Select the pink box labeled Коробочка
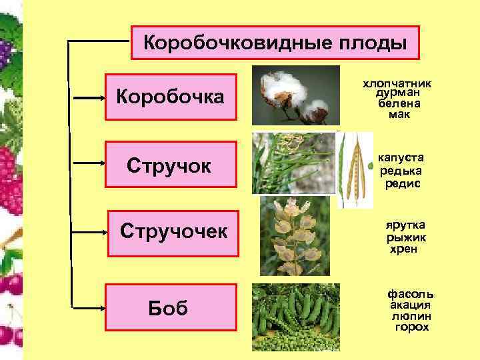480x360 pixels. [x=172, y=97]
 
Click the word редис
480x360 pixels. [x=403, y=183]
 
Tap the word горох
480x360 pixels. [x=411, y=327]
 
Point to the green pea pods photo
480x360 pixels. [x=296, y=317]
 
